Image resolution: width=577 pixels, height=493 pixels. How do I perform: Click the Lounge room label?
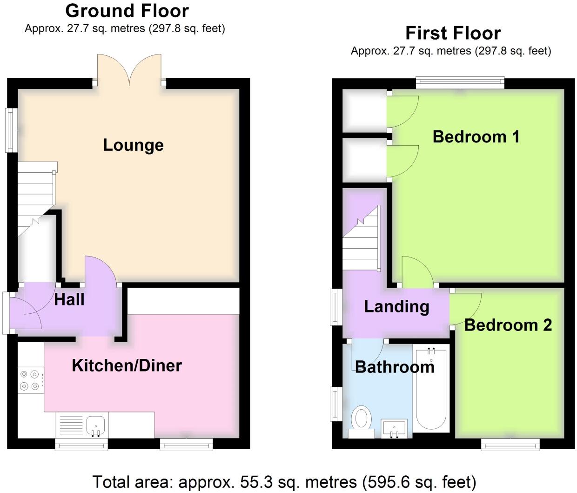[134, 145]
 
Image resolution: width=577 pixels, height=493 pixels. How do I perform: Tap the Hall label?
[69, 299]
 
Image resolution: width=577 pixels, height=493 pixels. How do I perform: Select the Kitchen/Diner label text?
[127, 365]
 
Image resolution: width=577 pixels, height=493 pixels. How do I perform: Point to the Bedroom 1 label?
[476, 137]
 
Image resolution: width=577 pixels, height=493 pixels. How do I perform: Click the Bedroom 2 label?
[508, 325]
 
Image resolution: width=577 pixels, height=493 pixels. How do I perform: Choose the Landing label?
[396, 307]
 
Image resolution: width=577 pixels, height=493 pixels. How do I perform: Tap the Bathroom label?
[395, 367]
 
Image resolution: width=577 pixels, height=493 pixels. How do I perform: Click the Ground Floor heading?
[127, 11]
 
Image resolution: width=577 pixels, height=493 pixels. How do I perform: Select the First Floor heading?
[453, 33]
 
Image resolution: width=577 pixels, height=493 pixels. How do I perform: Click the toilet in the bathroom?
[362, 422]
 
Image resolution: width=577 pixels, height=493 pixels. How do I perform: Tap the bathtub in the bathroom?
[431, 388]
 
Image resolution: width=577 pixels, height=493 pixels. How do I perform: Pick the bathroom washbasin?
[394, 428]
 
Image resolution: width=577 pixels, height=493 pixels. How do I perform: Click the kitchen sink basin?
[95, 425]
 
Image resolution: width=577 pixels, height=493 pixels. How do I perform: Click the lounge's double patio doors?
[129, 70]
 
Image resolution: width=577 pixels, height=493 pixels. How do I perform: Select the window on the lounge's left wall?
[12, 130]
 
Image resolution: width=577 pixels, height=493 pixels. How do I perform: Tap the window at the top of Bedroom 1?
[460, 83]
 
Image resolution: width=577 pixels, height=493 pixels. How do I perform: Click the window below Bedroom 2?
[510, 444]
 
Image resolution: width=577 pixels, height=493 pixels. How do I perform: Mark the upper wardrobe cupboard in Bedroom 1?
[364, 111]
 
